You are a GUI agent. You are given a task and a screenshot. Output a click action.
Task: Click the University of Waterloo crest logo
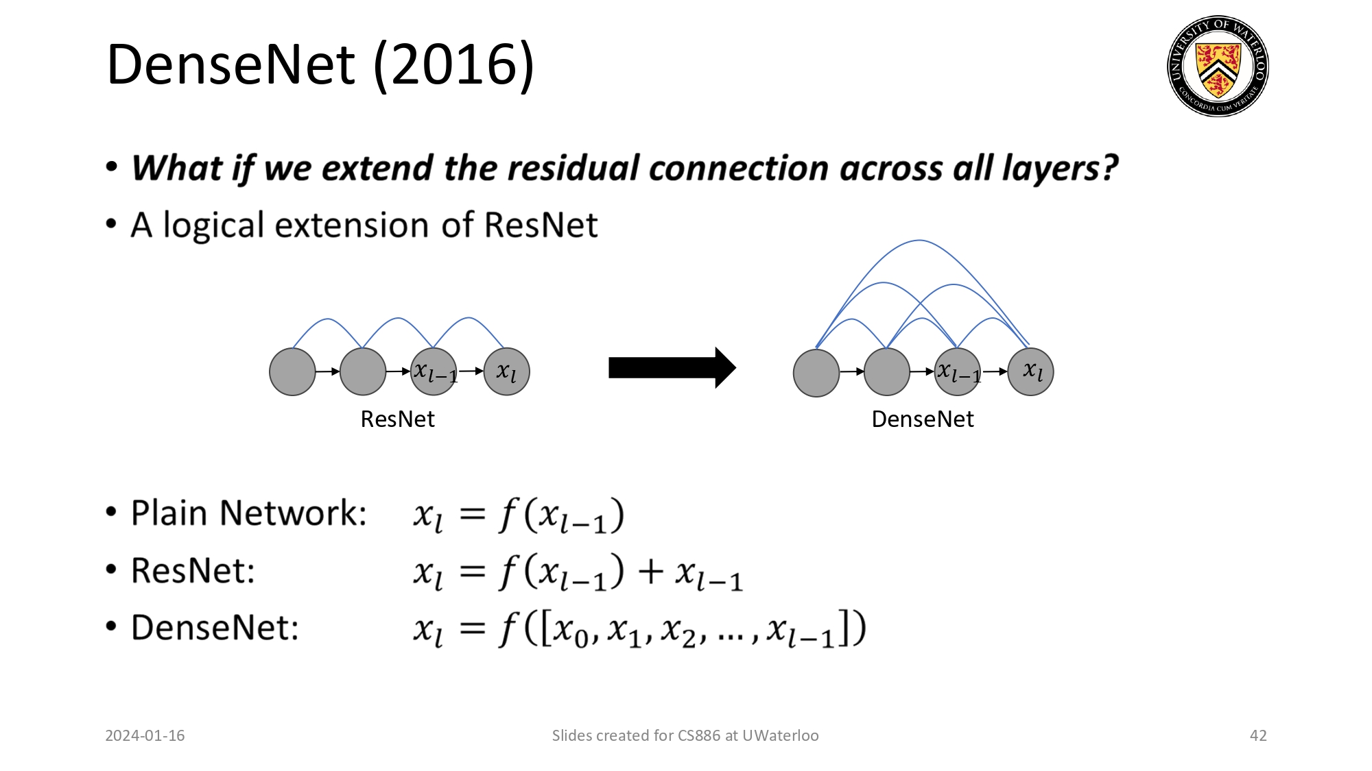click(x=1218, y=66)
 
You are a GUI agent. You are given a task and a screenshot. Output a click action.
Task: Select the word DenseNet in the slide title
click(x=230, y=65)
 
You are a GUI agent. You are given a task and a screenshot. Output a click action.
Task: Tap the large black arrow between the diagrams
click(x=672, y=368)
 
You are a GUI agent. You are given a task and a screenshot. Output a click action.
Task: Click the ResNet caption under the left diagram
click(x=397, y=419)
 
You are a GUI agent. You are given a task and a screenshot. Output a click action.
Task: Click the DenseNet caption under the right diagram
click(x=922, y=419)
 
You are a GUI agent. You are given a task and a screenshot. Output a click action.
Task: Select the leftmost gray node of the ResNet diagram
click(x=292, y=371)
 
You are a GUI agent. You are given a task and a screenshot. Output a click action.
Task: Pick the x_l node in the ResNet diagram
click(x=506, y=371)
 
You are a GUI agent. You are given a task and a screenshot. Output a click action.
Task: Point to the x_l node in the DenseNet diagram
click(x=1030, y=371)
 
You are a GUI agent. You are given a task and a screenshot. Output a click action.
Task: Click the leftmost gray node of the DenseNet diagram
click(x=816, y=373)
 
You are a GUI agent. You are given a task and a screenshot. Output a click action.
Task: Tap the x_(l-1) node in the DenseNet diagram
click(x=958, y=372)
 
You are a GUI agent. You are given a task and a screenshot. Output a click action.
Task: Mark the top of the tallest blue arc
click(x=919, y=241)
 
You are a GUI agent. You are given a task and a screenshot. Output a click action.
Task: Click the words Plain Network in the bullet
click(x=248, y=513)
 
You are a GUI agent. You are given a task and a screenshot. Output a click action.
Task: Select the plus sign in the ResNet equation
click(x=650, y=572)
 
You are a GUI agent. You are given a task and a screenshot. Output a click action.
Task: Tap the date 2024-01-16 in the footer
click(x=145, y=735)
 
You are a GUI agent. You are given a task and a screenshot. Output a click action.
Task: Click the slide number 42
click(x=1258, y=735)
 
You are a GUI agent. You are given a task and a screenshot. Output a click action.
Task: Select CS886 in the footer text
click(x=698, y=735)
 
